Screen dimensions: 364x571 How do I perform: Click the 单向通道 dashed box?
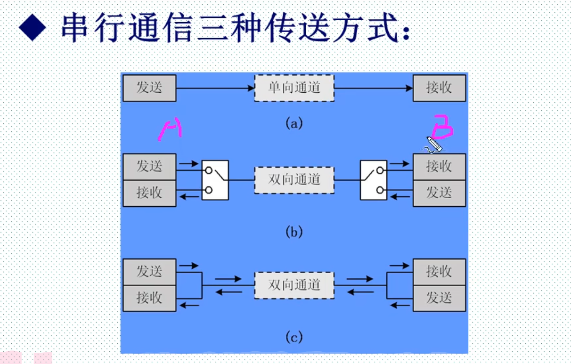(x=294, y=88)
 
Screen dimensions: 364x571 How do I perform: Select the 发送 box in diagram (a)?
(x=149, y=88)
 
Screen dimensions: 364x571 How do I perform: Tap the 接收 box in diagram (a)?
(x=439, y=88)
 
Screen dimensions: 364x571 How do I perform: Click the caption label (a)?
(x=294, y=124)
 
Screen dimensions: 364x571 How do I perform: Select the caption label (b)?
(x=294, y=232)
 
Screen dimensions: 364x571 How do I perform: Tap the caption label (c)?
(x=294, y=337)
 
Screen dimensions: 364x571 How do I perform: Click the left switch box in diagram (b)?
(x=215, y=180)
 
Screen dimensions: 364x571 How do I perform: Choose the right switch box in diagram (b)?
(x=374, y=180)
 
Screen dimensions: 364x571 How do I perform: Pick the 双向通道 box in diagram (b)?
(x=294, y=179)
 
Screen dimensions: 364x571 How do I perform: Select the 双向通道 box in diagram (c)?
(x=294, y=284)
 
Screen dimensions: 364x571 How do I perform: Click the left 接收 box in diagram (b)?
(x=149, y=193)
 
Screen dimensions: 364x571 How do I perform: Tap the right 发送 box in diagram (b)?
(x=439, y=193)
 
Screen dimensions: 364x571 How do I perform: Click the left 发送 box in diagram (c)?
(x=149, y=271)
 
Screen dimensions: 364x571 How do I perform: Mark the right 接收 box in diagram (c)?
(x=439, y=271)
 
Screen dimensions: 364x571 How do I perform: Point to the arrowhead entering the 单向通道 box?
(x=251, y=88)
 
